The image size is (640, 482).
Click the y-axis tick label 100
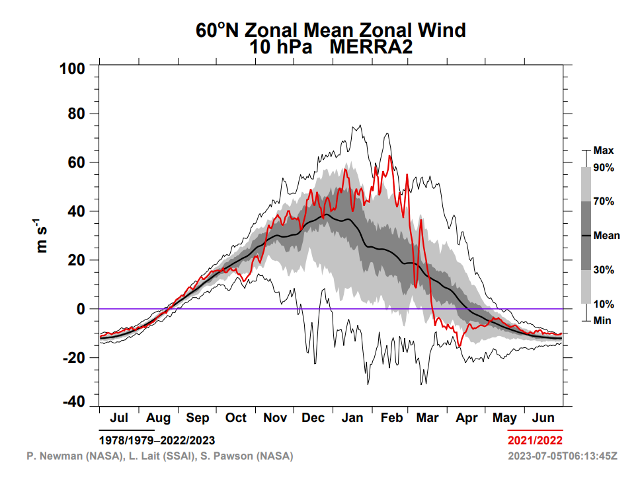(x=72, y=69)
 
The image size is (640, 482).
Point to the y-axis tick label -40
(x=74, y=401)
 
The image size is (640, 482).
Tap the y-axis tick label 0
(x=81, y=309)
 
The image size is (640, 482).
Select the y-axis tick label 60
(x=76, y=162)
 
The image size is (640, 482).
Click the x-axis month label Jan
(x=352, y=417)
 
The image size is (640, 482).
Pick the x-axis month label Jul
(x=119, y=417)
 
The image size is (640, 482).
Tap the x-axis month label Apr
(x=467, y=419)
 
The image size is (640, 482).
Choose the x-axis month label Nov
(x=274, y=417)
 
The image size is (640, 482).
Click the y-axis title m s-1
(x=41, y=236)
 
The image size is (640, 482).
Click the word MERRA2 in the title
(x=371, y=47)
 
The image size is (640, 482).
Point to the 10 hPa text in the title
(x=280, y=47)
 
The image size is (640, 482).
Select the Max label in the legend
(x=603, y=151)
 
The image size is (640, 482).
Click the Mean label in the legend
(x=606, y=236)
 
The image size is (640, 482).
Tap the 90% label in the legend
(x=604, y=168)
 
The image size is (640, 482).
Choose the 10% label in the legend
(x=604, y=304)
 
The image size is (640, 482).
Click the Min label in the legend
(x=602, y=320)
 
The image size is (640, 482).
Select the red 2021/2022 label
(x=535, y=440)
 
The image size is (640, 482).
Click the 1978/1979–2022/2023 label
(x=157, y=440)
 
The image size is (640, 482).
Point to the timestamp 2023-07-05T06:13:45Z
(x=563, y=456)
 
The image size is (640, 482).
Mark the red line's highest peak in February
(x=390, y=156)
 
